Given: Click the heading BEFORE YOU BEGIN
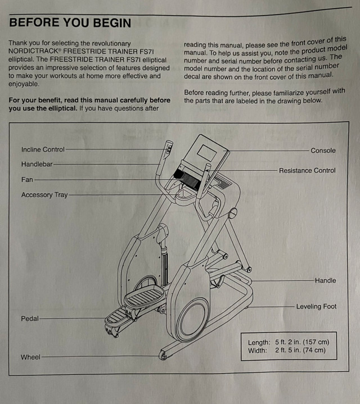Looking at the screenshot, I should coord(70,23).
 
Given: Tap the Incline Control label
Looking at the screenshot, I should coord(43,149).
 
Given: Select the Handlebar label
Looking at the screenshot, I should coord(37,164).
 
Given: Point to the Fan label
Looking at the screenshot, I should coord(27,180).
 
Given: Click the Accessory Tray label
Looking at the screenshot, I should coord(44,195).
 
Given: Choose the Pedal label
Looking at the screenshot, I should coord(30,319).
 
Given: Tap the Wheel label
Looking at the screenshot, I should coord(30,357).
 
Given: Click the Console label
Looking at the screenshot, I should coord(323,151).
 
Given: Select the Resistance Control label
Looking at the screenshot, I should coord(307,170).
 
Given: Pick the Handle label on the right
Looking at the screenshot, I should coord(325,280).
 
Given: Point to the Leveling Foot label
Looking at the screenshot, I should coord(316,307).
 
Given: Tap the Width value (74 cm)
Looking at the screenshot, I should coord(316,351).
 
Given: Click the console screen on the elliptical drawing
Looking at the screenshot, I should coord(204,152).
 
